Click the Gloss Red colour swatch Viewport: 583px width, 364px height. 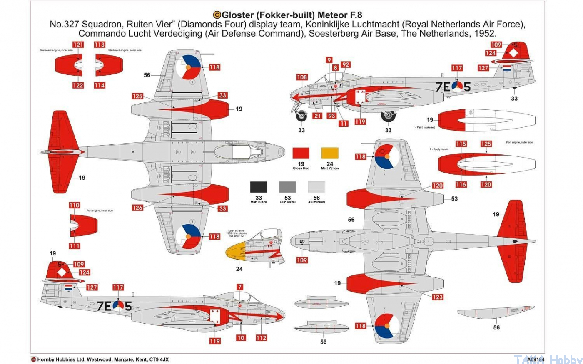tap(301, 154)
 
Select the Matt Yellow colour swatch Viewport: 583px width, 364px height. tap(330, 154)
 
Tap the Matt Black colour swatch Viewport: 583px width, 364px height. tap(259, 187)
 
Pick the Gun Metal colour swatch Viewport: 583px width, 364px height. tap(287, 187)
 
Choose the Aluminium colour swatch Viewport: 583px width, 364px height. tap(316, 187)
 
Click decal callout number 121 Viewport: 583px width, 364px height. tap(78, 45)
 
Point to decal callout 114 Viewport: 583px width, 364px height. tap(100, 85)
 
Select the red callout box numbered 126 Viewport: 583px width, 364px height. tap(137, 208)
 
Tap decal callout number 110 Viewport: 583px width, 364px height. tap(75, 205)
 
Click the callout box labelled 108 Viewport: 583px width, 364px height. tap(302, 77)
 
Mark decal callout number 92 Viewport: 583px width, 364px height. tap(346, 64)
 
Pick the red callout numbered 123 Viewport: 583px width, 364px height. tap(438, 297)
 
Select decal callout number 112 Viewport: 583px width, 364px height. tap(261, 338)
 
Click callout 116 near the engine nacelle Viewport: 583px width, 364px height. tap(461, 184)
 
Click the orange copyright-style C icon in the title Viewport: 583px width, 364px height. tap(217, 15)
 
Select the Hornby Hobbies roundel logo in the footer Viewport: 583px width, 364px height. tap(33, 359)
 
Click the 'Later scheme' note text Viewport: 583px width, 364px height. tap(237, 230)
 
